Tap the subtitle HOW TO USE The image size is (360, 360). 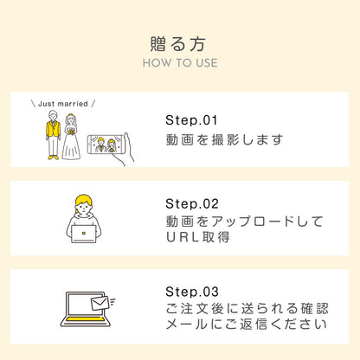click(x=179, y=62)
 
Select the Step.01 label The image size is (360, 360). click(x=191, y=119)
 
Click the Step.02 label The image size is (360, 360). click(x=191, y=203)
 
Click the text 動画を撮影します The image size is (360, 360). click(x=223, y=138)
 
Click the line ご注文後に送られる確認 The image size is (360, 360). click(x=246, y=309)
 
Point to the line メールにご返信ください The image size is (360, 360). click(x=246, y=326)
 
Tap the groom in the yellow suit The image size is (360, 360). click(x=54, y=134)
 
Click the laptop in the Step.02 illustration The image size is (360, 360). click(x=84, y=233)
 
